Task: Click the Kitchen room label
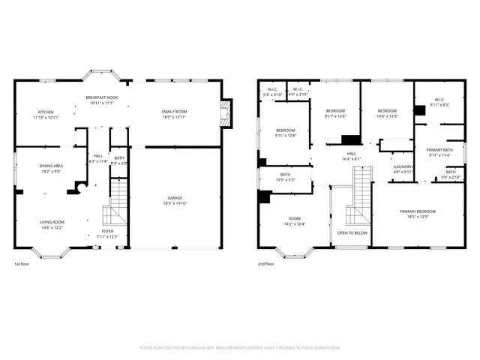[46, 115]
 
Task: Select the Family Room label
[174, 114]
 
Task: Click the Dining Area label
[51, 168]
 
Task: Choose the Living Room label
[52, 224]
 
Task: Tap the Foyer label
[108, 234]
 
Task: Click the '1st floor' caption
[22, 264]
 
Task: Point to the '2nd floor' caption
[266, 264]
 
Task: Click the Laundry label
[403, 169]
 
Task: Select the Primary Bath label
[439, 152]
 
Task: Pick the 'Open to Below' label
[352, 233]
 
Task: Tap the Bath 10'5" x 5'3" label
[285, 177]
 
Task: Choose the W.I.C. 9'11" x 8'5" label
[439, 102]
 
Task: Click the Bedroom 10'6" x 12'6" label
[387, 113]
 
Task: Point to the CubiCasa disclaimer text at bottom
[240, 348]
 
